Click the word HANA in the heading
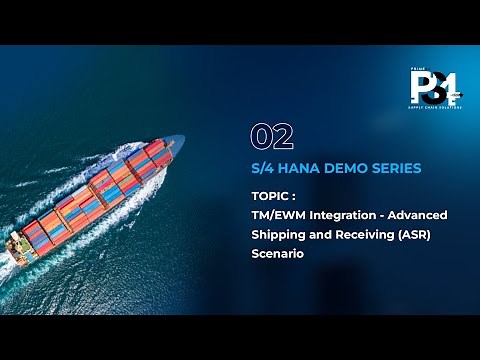coord(300,167)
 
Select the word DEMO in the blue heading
coord(345,167)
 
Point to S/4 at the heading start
coord(263,167)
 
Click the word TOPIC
coord(271,197)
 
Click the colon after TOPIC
coord(295,197)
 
